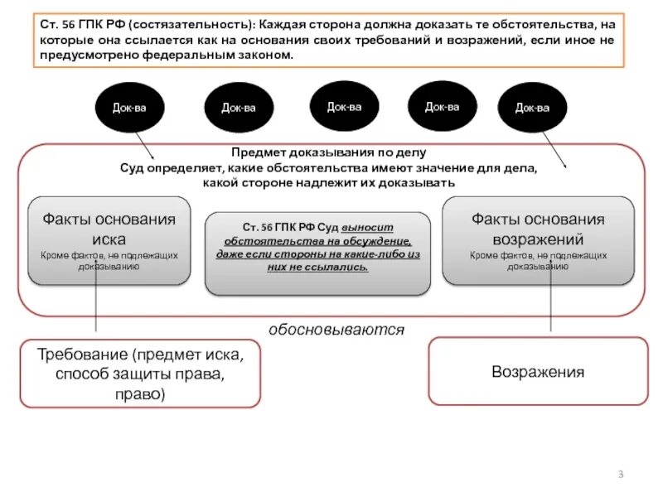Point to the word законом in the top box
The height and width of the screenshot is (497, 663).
coord(264,55)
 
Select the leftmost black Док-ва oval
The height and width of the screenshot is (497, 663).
coord(129,108)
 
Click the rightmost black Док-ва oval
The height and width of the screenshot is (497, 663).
coord(531,108)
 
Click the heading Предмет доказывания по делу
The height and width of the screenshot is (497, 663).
coord(329,152)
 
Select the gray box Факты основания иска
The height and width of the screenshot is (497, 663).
coord(109,240)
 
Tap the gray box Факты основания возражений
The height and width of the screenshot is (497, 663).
coord(538,240)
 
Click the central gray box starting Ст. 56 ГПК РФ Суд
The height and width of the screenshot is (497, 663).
coord(318,253)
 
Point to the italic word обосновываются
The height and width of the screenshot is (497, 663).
coord(336,330)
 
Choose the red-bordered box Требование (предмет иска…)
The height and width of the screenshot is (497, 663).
coord(139,373)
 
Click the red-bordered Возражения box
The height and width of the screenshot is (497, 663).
coord(538,372)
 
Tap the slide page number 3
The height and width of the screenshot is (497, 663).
coord(620,474)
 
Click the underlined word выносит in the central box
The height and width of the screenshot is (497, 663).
coord(373,226)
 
